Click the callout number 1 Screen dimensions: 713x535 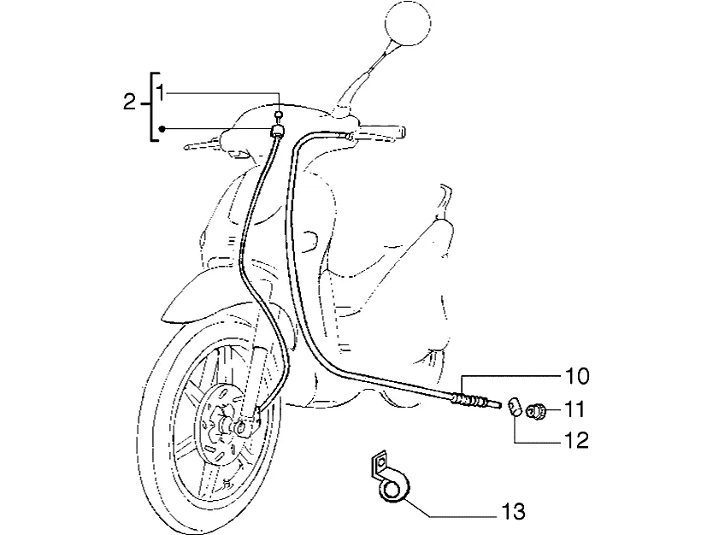[x=160, y=93]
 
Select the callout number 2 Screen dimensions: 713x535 [x=130, y=103]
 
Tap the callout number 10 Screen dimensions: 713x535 [x=577, y=376]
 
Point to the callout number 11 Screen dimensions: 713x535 [x=575, y=409]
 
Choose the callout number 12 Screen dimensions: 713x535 [x=576, y=440]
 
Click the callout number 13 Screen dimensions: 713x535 [x=514, y=511]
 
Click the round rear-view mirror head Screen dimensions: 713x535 [x=408, y=23]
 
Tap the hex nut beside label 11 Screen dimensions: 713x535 [x=536, y=411]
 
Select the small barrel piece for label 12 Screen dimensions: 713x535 [x=515, y=405]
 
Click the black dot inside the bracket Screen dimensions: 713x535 [x=162, y=129]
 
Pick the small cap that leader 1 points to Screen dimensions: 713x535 [x=280, y=114]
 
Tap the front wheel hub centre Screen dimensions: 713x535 [x=239, y=427]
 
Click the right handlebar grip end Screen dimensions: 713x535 [x=402, y=132]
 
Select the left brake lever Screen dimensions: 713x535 [x=203, y=144]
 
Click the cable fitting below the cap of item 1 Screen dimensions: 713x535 [x=277, y=131]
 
